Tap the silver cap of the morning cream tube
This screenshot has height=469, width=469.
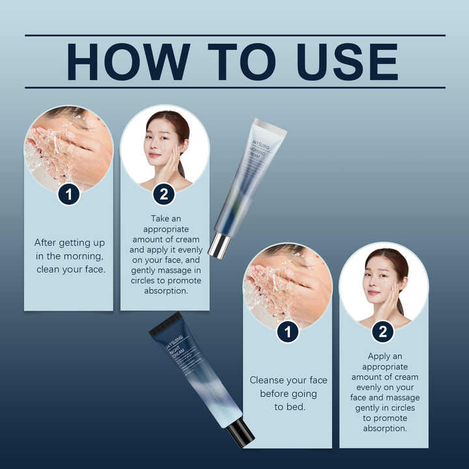[218, 245]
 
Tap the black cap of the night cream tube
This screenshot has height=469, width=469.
[240, 432]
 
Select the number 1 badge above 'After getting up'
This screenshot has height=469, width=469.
[68, 193]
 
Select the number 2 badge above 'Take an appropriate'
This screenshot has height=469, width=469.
[164, 193]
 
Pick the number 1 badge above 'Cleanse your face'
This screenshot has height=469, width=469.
[287, 332]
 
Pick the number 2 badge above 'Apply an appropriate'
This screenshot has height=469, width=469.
[383, 332]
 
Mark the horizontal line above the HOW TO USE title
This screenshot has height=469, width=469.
[234, 35]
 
